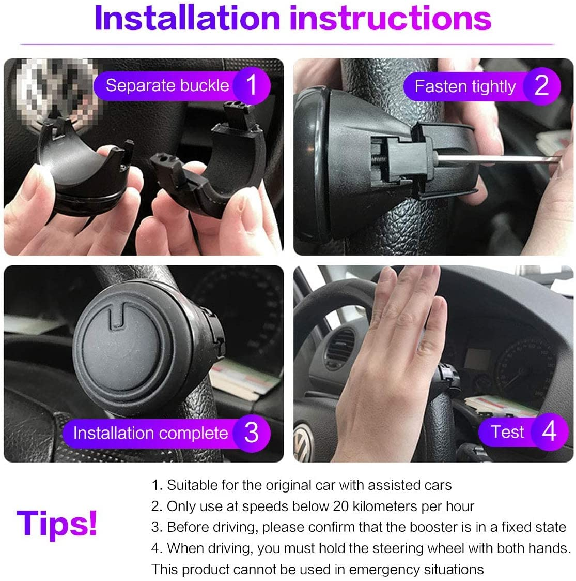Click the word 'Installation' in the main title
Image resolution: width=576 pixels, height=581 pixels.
pyautogui.click(x=186, y=18)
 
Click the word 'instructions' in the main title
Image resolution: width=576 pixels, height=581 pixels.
pyautogui.click(x=390, y=18)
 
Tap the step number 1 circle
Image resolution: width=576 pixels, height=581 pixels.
pyautogui.click(x=252, y=85)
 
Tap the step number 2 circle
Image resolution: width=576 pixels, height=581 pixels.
pyautogui.click(x=541, y=85)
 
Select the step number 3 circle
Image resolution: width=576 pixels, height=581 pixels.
pyautogui.click(x=252, y=433)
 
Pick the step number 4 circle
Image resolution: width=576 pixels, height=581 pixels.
pyautogui.click(x=549, y=431)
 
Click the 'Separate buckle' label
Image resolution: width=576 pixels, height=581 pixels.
pyautogui.click(x=167, y=85)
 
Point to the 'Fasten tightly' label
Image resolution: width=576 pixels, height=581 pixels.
pyautogui.click(x=465, y=86)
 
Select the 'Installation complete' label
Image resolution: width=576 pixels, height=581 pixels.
pyautogui.click(x=150, y=433)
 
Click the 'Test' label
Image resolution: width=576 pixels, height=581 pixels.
pyautogui.click(x=507, y=431)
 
